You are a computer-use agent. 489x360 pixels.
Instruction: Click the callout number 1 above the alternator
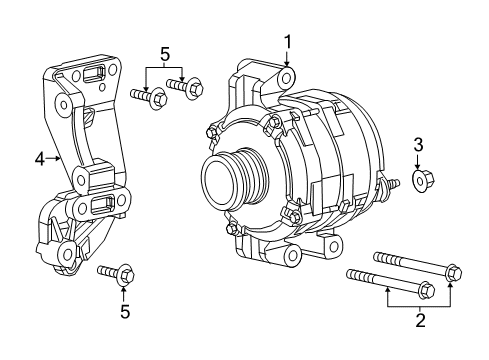point(287,41)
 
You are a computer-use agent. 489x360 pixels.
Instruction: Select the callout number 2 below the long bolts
point(421,320)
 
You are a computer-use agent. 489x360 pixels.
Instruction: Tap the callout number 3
point(418,146)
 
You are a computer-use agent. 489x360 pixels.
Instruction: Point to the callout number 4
point(40,157)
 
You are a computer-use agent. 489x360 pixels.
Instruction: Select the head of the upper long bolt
point(453,271)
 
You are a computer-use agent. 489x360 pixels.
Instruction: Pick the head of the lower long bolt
point(423,292)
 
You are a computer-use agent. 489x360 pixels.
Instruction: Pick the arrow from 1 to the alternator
point(287,60)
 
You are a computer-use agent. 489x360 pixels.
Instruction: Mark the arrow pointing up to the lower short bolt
point(123,290)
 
